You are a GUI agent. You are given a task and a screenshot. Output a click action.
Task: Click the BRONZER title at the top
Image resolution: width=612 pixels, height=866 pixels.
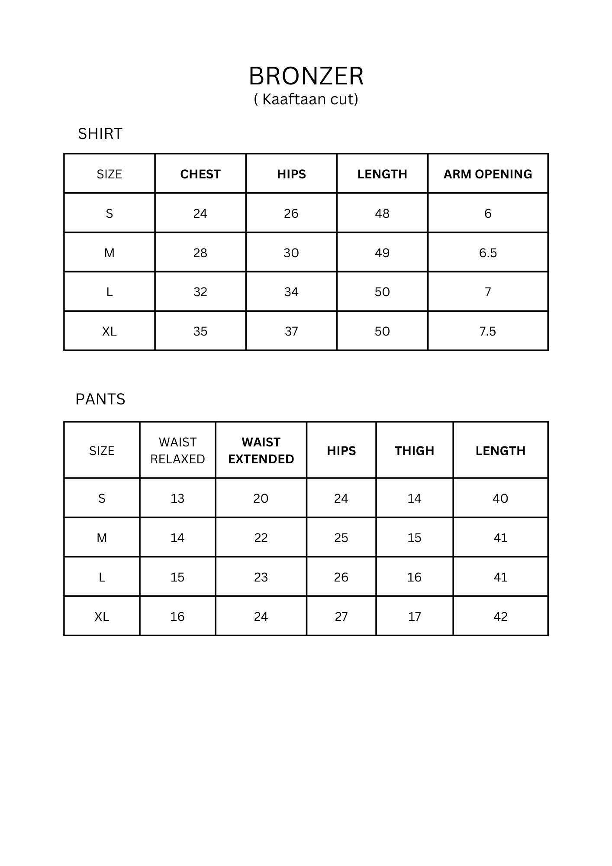(306, 76)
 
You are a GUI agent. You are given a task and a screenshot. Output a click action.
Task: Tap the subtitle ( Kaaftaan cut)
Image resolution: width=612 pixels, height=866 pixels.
(306, 100)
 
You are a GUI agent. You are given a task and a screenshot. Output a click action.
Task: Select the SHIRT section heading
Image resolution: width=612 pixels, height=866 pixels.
(100, 134)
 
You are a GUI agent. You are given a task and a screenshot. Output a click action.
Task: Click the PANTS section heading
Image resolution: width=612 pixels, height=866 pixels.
(100, 399)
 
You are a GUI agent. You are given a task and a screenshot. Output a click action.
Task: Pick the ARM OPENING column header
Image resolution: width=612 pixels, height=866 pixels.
(488, 174)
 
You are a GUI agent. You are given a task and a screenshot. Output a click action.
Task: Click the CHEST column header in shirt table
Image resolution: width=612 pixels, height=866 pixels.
(200, 174)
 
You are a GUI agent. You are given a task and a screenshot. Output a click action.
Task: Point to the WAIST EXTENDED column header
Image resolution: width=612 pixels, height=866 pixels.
(261, 450)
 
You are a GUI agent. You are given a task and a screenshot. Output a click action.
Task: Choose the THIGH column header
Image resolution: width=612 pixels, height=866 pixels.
(414, 451)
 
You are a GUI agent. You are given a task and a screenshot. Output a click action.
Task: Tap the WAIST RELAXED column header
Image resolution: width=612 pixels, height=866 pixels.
(177, 450)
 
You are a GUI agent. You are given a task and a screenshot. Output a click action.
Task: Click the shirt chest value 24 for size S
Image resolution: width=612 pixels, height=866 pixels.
(200, 213)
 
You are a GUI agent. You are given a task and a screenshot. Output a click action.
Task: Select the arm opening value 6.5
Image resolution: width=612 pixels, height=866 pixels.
(488, 253)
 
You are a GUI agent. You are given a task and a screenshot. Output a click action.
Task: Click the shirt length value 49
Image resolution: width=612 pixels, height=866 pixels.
(382, 253)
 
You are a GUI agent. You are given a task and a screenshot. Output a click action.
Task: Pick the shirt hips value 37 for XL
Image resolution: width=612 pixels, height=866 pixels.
(291, 331)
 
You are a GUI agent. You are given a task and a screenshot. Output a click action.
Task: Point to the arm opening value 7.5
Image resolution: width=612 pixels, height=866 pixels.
(488, 331)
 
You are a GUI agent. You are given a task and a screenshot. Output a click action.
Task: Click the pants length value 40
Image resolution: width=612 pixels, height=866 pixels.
(500, 498)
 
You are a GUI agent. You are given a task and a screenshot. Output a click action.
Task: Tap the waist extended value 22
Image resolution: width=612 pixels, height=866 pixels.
(261, 538)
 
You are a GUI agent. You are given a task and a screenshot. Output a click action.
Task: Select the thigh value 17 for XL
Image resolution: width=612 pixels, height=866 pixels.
(414, 617)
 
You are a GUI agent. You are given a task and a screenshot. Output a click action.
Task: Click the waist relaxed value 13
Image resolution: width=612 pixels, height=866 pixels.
(177, 498)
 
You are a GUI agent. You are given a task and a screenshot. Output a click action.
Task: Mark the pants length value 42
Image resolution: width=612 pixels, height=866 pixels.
(500, 617)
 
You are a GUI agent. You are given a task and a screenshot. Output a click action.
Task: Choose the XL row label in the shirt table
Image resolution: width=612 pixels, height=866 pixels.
(110, 331)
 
